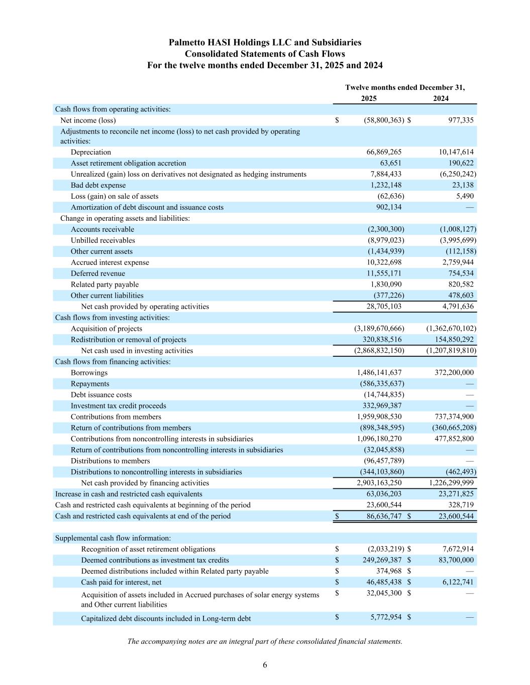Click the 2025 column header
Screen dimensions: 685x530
point(369,98)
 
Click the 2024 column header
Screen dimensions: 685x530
point(441,98)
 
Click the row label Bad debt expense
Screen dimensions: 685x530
point(98,185)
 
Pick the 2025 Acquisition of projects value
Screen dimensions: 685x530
point(379,329)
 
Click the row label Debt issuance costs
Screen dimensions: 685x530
point(101,395)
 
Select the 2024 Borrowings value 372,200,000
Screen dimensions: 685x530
point(454,373)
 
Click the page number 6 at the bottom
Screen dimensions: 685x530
point(265,665)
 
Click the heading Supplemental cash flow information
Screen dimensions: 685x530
point(113,538)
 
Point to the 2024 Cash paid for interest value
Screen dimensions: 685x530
point(456,583)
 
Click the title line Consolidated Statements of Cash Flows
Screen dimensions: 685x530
point(265,54)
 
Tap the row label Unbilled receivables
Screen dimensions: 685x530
point(102,240)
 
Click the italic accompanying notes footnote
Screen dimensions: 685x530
point(265,641)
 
